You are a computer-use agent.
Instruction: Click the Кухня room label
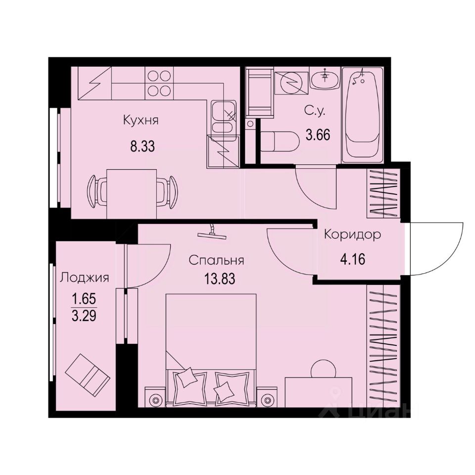coord(141,120)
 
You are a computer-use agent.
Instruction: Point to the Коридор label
coord(352,235)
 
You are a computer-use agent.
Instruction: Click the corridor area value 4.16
coord(352,259)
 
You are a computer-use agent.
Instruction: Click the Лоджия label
coord(84,278)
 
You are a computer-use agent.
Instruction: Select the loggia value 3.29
coord(84,315)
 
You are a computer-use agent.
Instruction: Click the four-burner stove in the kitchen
coord(159,83)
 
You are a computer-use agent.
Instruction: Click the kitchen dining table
coord(132,193)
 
